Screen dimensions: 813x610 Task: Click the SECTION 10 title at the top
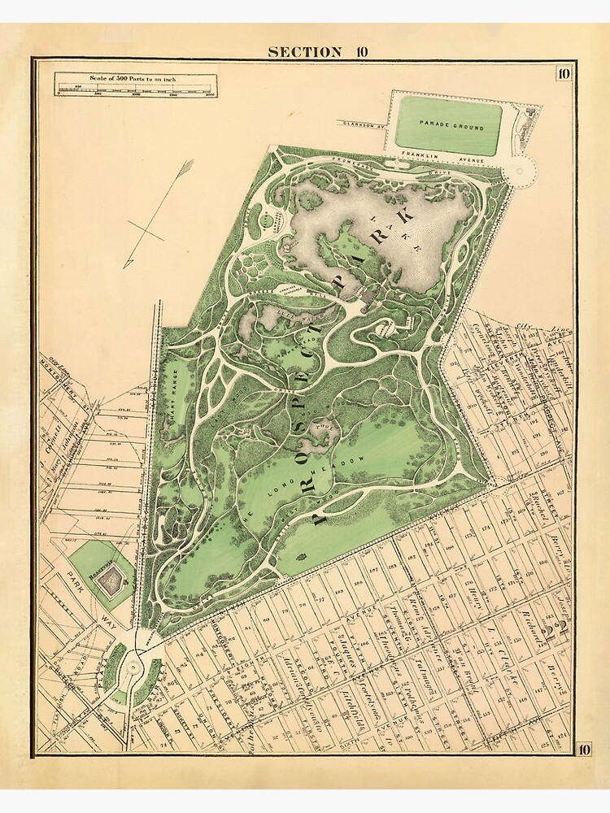click(318, 52)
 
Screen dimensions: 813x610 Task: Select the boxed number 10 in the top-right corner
click(564, 75)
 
